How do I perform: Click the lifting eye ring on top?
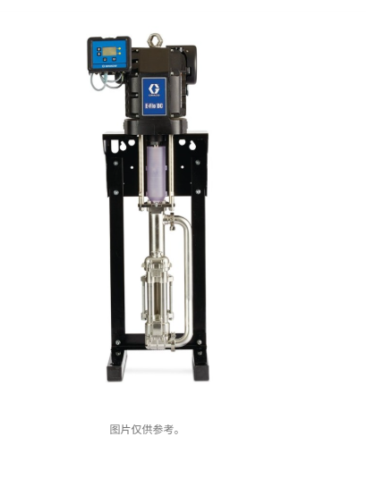pos(156,39)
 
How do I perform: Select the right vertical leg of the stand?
pos(200,268)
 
